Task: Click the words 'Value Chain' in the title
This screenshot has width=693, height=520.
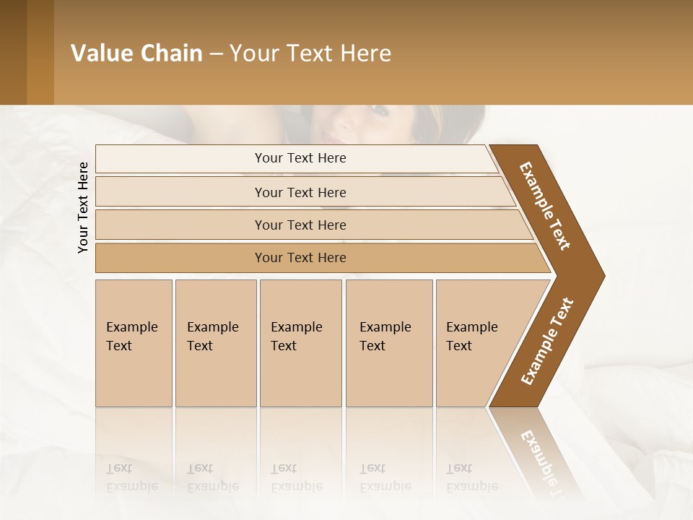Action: [136, 53]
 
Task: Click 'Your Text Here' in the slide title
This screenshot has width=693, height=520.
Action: [310, 53]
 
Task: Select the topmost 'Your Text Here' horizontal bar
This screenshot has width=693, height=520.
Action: [300, 158]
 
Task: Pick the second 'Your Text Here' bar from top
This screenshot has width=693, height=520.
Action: [300, 192]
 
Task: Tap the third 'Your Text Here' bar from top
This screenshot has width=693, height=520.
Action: [300, 225]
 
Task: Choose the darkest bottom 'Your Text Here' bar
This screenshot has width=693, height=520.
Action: [300, 258]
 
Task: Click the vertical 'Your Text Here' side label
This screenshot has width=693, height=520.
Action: [83, 207]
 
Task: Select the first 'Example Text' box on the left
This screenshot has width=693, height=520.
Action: [134, 343]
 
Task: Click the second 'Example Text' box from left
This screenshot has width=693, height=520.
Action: [216, 343]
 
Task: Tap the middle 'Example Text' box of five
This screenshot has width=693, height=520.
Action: [300, 343]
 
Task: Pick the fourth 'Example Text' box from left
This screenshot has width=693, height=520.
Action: [389, 343]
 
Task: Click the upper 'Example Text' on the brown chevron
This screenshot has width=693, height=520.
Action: [545, 206]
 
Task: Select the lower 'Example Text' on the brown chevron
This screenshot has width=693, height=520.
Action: [547, 341]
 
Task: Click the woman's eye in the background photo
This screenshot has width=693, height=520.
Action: [380, 110]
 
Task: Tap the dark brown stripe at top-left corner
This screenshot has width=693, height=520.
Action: [13, 52]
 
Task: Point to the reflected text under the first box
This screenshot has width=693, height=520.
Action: [132, 477]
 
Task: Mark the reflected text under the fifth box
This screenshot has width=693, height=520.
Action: [471, 477]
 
